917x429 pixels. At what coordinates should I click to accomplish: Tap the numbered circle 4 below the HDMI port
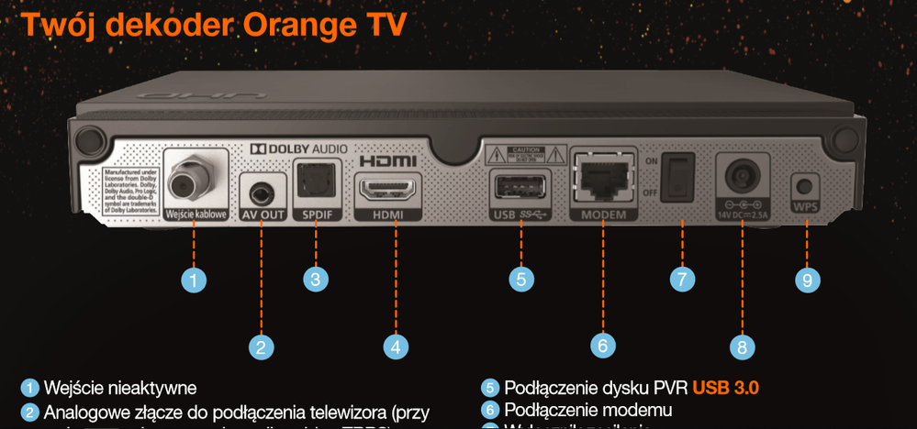point(395,346)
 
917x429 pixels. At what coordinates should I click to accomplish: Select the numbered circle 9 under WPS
point(807,280)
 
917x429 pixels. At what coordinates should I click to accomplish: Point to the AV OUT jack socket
point(263,192)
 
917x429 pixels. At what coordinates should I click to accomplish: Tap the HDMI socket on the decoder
point(386,191)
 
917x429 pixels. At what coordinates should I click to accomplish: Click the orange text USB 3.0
point(726,388)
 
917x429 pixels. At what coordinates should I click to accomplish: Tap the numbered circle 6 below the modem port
point(602,346)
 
